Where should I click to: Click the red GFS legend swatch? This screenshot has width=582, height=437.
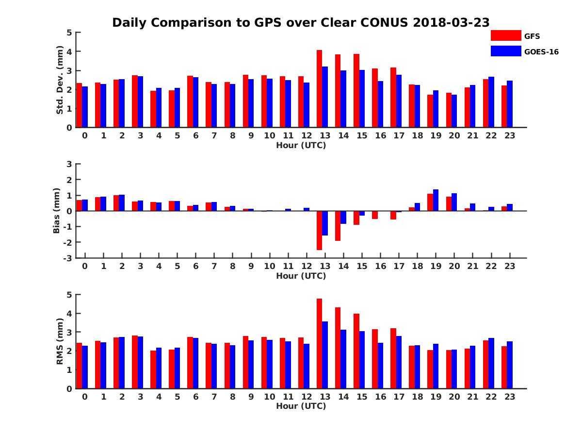click(x=505, y=35)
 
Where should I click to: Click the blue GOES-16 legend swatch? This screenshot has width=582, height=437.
click(x=505, y=51)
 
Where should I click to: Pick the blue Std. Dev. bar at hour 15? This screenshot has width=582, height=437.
click(x=362, y=99)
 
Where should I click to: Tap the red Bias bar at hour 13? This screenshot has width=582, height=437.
click(x=319, y=230)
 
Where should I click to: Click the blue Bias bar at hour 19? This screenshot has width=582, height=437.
click(x=436, y=200)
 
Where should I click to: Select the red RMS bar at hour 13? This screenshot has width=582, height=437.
click(x=319, y=343)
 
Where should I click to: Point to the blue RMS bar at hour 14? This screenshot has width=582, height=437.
click(x=343, y=359)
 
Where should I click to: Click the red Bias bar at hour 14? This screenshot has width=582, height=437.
click(x=338, y=226)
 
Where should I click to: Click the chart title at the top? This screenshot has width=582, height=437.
click(x=301, y=23)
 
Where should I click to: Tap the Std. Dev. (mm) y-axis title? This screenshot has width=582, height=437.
click(x=60, y=80)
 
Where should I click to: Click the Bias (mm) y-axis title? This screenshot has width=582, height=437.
click(x=57, y=211)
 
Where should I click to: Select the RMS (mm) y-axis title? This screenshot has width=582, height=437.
click(x=60, y=341)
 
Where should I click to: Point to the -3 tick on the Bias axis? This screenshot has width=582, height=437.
click(x=69, y=258)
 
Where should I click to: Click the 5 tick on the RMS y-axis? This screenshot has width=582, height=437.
click(x=69, y=294)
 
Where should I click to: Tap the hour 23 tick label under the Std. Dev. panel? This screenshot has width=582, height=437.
click(x=509, y=135)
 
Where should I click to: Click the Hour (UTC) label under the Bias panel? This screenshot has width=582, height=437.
click(x=301, y=276)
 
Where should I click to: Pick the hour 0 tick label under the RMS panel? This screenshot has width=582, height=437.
click(x=85, y=396)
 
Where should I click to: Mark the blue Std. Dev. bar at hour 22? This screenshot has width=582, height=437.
click(x=491, y=102)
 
